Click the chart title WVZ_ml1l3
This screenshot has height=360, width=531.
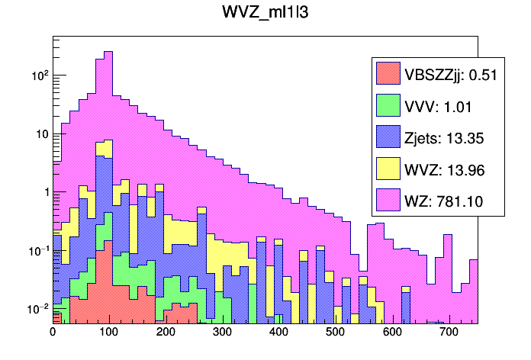click(265, 15)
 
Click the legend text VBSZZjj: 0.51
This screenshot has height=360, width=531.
click(446, 74)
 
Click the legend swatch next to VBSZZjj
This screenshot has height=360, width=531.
click(388, 73)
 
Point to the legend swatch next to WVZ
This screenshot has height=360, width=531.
click(388, 169)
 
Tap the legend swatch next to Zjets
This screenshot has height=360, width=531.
click(388, 137)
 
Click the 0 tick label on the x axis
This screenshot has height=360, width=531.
click(52, 333)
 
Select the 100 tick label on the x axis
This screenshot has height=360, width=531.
click(108, 333)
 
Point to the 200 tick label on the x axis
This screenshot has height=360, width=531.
click(165, 333)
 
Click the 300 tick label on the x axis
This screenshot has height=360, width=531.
click(222, 333)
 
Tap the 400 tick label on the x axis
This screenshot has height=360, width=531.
click(278, 333)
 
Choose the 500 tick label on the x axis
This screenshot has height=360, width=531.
click(335, 333)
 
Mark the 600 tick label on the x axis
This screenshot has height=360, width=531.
click(391, 333)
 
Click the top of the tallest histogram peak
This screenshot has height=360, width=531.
click(108, 52)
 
